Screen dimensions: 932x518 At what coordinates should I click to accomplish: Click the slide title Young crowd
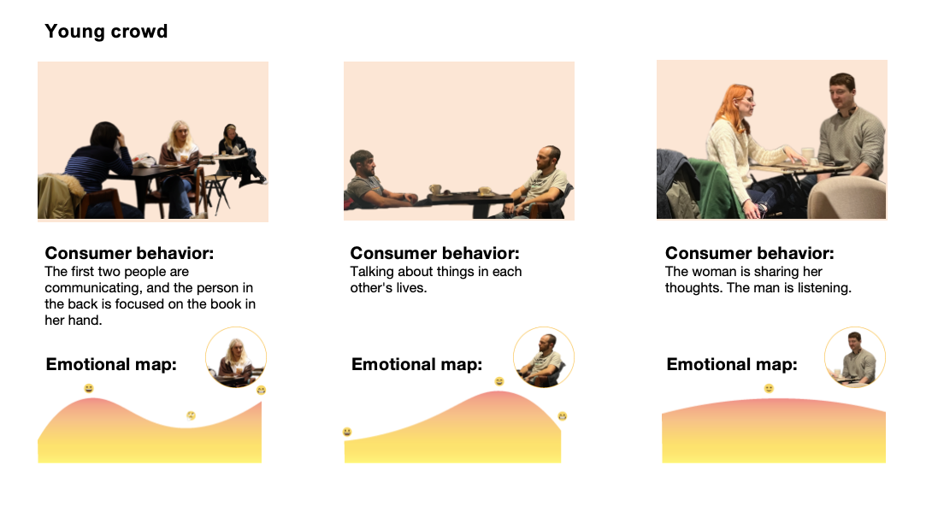tap(106, 31)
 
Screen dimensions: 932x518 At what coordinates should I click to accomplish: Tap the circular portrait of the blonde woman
tap(236, 357)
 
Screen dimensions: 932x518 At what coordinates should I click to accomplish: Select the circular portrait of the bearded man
tap(543, 357)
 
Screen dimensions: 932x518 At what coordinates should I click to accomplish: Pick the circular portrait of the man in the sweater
tap(855, 357)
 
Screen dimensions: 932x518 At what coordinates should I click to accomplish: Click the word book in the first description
tap(225, 304)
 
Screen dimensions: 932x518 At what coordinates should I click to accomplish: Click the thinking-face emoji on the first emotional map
tap(191, 415)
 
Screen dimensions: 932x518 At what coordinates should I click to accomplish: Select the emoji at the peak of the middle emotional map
tap(499, 381)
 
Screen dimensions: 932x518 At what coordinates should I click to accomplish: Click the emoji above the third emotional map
tap(770, 388)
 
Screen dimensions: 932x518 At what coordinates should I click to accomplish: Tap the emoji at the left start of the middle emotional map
tap(347, 432)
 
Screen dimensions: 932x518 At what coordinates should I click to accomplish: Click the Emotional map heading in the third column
tap(732, 364)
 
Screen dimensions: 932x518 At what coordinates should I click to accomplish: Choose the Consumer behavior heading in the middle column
tap(434, 253)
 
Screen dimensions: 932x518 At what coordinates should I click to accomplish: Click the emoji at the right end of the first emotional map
tap(261, 391)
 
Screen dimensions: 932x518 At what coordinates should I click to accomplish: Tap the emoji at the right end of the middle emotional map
tap(563, 416)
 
